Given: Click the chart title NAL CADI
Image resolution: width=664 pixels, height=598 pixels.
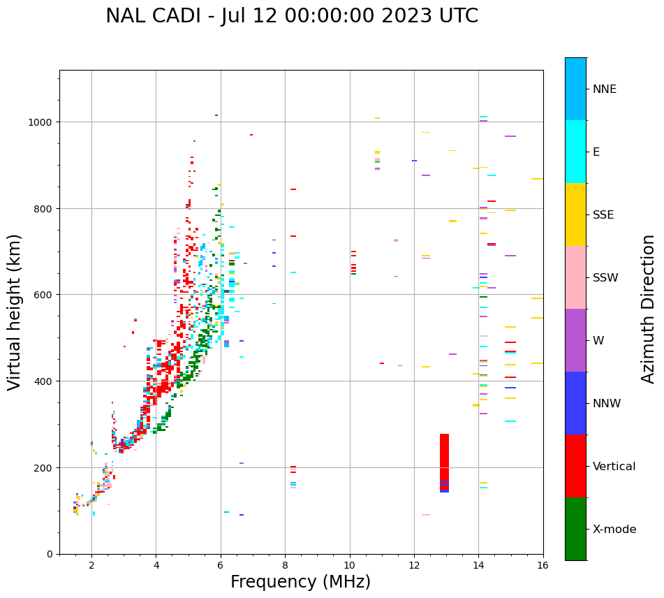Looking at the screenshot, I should [x=292, y=16].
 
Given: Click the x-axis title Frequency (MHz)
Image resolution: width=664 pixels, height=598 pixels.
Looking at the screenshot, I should [x=300, y=582].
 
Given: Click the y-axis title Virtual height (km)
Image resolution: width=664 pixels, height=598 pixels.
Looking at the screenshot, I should [x=15, y=312].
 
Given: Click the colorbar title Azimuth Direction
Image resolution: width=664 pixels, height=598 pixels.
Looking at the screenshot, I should [x=649, y=309].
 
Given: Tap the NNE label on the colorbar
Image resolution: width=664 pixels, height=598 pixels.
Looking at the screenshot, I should [x=605, y=89].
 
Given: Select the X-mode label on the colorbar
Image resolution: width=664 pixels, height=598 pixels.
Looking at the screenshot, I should [x=614, y=530].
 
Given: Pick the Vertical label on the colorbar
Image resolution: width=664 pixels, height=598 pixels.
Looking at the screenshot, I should [x=614, y=467].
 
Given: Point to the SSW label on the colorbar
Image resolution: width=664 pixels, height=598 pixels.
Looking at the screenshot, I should [x=605, y=278].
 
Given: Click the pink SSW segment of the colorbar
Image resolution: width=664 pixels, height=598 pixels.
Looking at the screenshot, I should [x=575, y=277].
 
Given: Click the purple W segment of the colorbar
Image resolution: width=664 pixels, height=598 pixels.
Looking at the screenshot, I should [x=575, y=340].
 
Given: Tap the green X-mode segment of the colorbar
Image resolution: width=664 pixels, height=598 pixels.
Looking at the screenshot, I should [x=575, y=529].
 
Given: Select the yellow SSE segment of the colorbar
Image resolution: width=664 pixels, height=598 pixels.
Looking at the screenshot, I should [x=575, y=214].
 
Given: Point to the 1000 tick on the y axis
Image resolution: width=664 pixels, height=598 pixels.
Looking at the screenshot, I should [x=42, y=122].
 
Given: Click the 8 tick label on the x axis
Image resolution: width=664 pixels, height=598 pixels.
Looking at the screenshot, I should [x=285, y=565].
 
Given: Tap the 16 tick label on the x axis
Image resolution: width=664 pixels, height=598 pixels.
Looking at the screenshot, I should [x=543, y=565].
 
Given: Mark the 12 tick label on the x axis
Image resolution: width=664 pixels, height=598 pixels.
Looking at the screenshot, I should [x=414, y=565].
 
